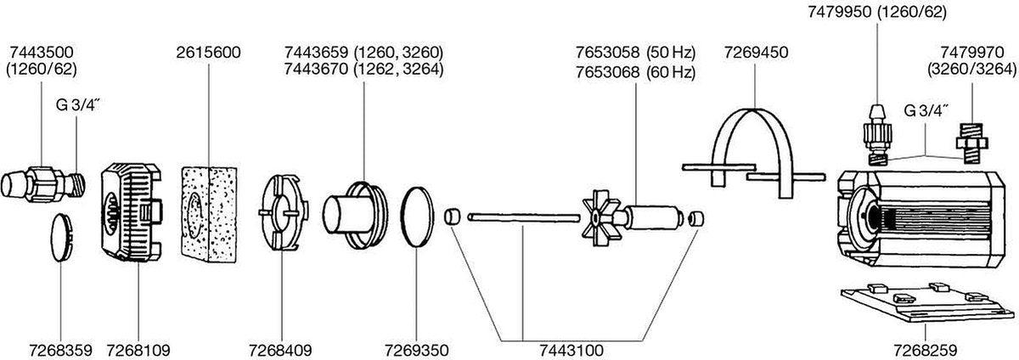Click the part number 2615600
point(209,53)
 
